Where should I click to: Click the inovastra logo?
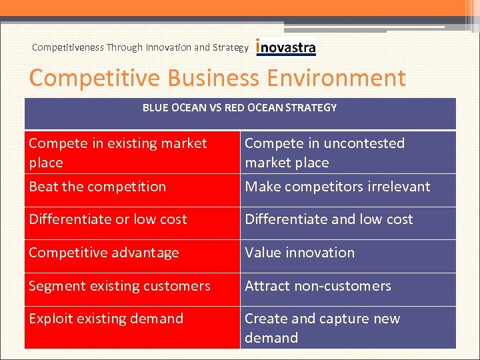coord(286,47)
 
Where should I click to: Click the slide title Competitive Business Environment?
coord(217,78)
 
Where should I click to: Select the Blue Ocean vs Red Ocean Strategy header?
coord(239,107)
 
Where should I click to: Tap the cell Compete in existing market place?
coord(117,153)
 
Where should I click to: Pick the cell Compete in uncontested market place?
coord(325,153)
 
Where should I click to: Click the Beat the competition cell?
coord(97,187)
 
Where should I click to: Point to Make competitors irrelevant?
coord(337,187)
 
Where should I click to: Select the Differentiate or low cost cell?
coord(108,219)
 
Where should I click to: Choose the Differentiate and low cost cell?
coord(329,219)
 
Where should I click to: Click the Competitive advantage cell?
coord(104,253)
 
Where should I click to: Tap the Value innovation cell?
coord(299,253)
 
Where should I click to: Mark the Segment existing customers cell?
coord(119,286)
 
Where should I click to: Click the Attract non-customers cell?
coord(318,286)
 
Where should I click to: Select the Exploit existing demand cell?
coord(106,319)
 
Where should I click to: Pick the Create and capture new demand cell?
coord(322,328)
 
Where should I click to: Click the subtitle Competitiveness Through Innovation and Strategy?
coord(140,47)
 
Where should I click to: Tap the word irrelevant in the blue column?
coord(397,187)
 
